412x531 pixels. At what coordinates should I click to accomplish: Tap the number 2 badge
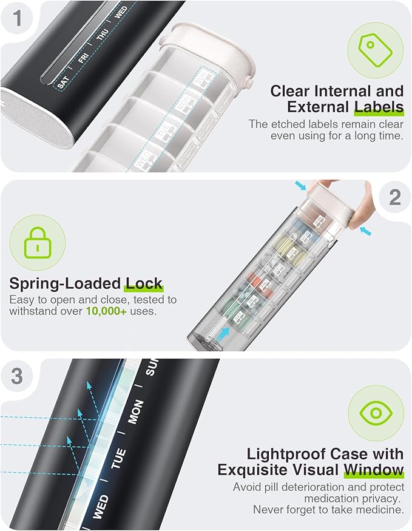coord(394,197)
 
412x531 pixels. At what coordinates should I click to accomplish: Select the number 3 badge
coord(17,376)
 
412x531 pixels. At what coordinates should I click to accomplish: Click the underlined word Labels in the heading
coord(379,108)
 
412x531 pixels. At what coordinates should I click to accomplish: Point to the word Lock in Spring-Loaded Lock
coord(144,283)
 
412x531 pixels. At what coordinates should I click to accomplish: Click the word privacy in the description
coord(376,498)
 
